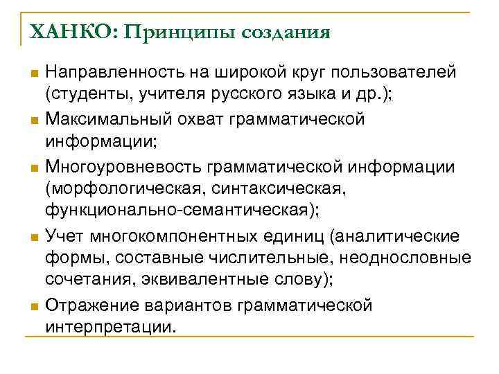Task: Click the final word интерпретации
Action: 111,327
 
